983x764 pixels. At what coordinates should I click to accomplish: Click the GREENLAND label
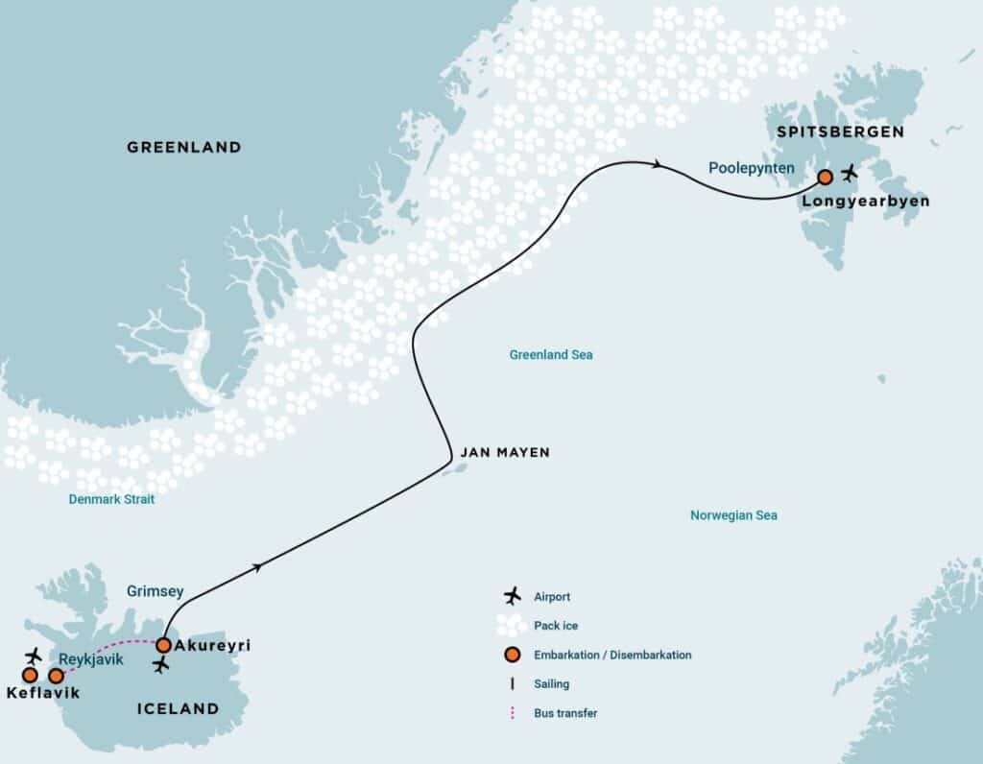(x=183, y=148)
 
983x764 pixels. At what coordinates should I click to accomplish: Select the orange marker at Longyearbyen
(x=825, y=177)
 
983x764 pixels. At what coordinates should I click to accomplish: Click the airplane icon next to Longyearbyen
(x=849, y=174)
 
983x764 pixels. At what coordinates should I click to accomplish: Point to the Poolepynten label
(x=751, y=168)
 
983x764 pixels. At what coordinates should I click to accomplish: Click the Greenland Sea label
(x=551, y=355)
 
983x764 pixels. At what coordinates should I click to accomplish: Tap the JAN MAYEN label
(x=505, y=452)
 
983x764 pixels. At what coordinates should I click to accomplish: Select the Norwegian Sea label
(x=733, y=515)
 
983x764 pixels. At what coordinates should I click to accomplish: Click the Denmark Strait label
(x=111, y=500)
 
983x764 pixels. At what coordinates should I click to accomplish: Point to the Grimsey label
(x=154, y=592)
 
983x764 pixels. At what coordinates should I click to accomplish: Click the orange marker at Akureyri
(x=164, y=645)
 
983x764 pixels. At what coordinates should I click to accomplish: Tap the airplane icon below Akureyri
(x=161, y=665)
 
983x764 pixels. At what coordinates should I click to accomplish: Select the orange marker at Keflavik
(x=30, y=675)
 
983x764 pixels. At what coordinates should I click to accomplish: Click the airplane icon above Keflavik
(x=34, y=656)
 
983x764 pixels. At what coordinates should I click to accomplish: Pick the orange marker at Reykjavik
(x=57, y=676)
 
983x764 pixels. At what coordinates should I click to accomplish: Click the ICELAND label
(x=178, y=709)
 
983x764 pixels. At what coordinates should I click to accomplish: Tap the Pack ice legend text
(x=556, y=626)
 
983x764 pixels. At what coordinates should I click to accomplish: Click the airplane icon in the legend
(x=513, y=596)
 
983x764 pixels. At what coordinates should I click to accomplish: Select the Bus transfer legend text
(x=566, y=713)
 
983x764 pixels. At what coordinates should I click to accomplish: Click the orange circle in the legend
(x=513, y=655)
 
